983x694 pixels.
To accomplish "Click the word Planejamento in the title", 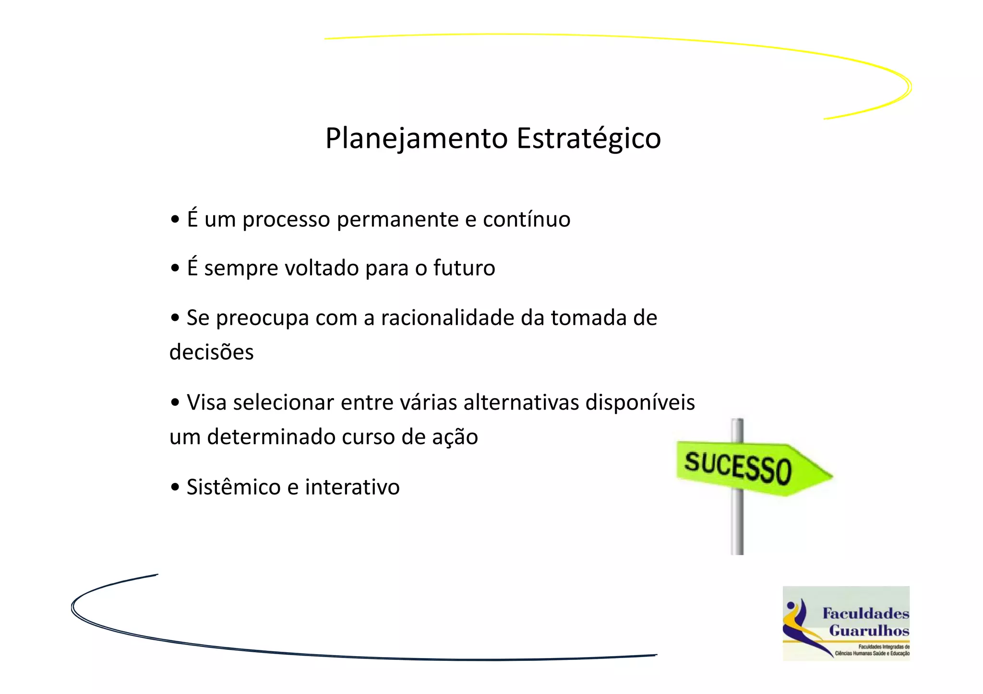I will [x=417, y=139].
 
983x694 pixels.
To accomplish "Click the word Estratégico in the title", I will [x=588, y=139].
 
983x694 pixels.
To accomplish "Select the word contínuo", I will [x=527, y=220].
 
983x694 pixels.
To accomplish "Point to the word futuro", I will [x=464, y=268].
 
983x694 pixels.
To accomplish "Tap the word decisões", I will [x=212, y=352].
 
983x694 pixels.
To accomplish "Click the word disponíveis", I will [x=640, y=402].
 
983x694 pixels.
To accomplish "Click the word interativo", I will [x=352, y=487].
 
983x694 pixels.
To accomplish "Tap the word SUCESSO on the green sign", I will [x=738, y=467].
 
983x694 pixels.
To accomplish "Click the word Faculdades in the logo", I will [x=865, y=613].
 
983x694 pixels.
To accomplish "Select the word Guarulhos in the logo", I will [x=869, y=631].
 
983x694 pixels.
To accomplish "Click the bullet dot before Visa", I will [x=175, y=402].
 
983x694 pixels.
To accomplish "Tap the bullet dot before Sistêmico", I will [x=175, y=487].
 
